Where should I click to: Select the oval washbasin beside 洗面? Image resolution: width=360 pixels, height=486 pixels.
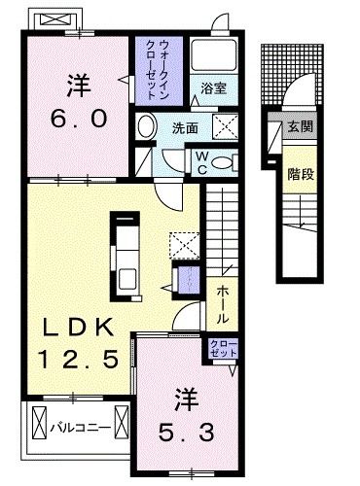tap(146, 126)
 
